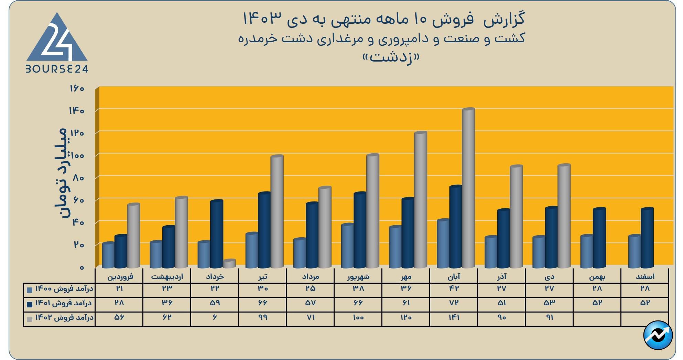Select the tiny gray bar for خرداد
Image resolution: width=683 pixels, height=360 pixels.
(229, 264)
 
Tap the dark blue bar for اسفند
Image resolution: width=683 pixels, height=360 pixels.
(647, 238)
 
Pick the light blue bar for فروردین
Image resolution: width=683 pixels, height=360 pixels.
(108, 255)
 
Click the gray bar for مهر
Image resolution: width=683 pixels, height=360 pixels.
(420, 200)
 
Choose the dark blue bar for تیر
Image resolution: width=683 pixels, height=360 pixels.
(264, 230)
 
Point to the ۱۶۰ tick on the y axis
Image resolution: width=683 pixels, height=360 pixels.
(77, 88)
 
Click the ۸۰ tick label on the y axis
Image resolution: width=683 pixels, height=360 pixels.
(78, 178)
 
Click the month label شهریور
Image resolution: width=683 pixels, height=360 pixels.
(358, 276)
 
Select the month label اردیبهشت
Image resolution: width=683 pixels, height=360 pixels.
(167, 276)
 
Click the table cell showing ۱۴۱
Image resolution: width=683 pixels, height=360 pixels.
(454, 317)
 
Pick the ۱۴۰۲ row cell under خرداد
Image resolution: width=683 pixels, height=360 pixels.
(215, 317)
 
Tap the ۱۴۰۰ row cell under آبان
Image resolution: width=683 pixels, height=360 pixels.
(454, 288)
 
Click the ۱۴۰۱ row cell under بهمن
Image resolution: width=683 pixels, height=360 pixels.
(597, 303)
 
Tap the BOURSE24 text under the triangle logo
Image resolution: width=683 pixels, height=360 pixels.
(57, 69)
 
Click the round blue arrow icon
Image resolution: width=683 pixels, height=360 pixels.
(658, 335)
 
